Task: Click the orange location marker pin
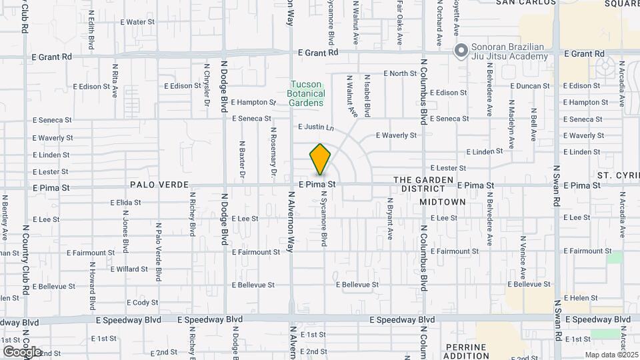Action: (320, 160)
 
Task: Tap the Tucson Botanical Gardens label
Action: (306, 93)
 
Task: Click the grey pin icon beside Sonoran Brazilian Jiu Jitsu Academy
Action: (460, 50)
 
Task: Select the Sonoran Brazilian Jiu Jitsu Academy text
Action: (509, 51)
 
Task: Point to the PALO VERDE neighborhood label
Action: (160, 185)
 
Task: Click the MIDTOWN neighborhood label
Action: (442, 201)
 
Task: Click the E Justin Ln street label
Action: (315, 127)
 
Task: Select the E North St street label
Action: (400, 73)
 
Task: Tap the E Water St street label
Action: (137, 22)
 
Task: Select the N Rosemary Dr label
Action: (273, 153)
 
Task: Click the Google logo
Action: (22, 351)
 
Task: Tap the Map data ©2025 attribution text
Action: (610, 355)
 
